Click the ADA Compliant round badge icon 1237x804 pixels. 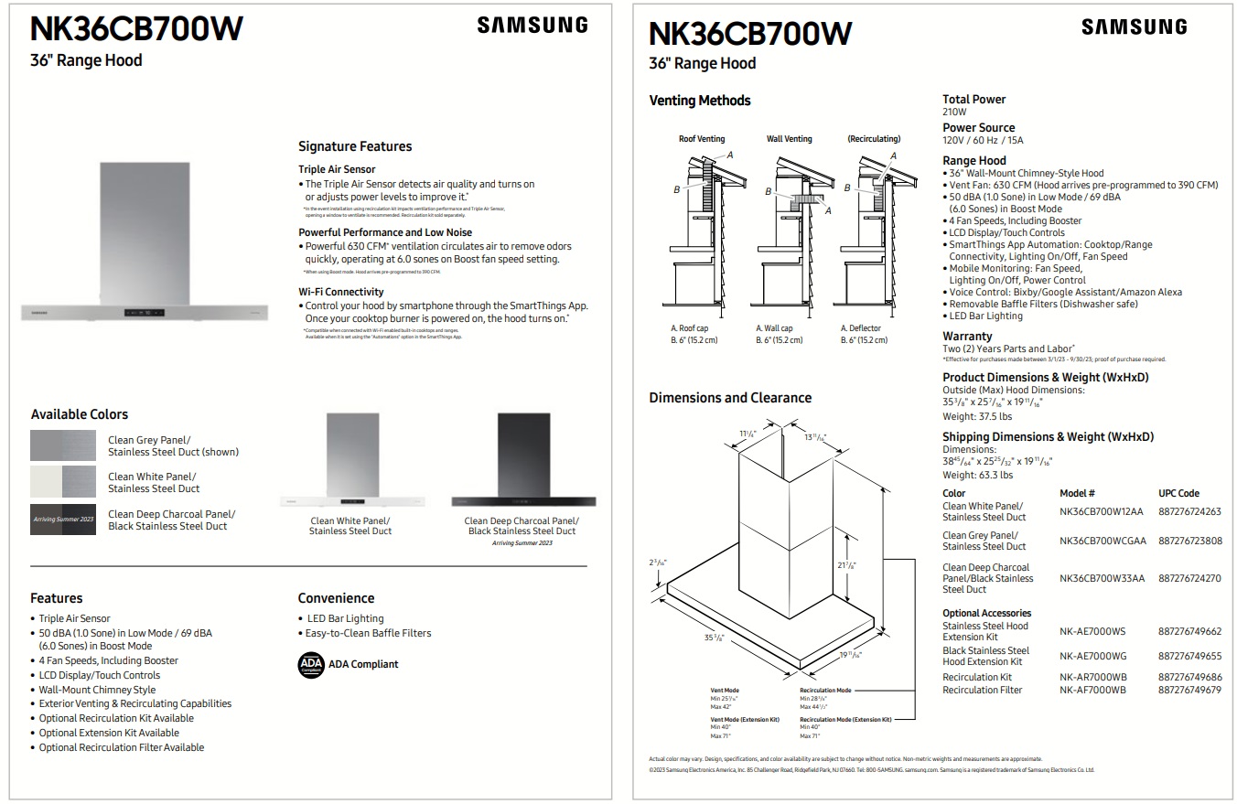tap(311, 664)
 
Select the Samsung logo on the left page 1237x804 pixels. tap(532, 26)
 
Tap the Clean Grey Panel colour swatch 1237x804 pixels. tap(62, 445)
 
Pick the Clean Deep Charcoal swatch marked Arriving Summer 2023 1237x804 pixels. tap(62, 520)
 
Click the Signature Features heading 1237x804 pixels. tap(355, 146)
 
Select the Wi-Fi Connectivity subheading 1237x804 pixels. tap(340, 292)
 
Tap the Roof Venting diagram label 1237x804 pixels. tap(702, 139)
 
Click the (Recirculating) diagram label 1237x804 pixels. tap(874, 139)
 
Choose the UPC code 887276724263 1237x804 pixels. tap(1189, 511)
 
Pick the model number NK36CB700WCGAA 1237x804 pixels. tap(1103, 541)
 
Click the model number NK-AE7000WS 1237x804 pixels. tap(1092, 631)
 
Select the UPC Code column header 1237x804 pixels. tap(1178, 493)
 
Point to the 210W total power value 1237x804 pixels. tap(954, 112)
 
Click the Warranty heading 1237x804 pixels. tap(967, 336)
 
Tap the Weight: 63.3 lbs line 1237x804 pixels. tap(977, 475)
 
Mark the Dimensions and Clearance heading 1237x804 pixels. tap(730, 398)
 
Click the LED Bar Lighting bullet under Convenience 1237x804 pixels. tap(344, 618)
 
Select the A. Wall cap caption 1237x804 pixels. tap(774, 328)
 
